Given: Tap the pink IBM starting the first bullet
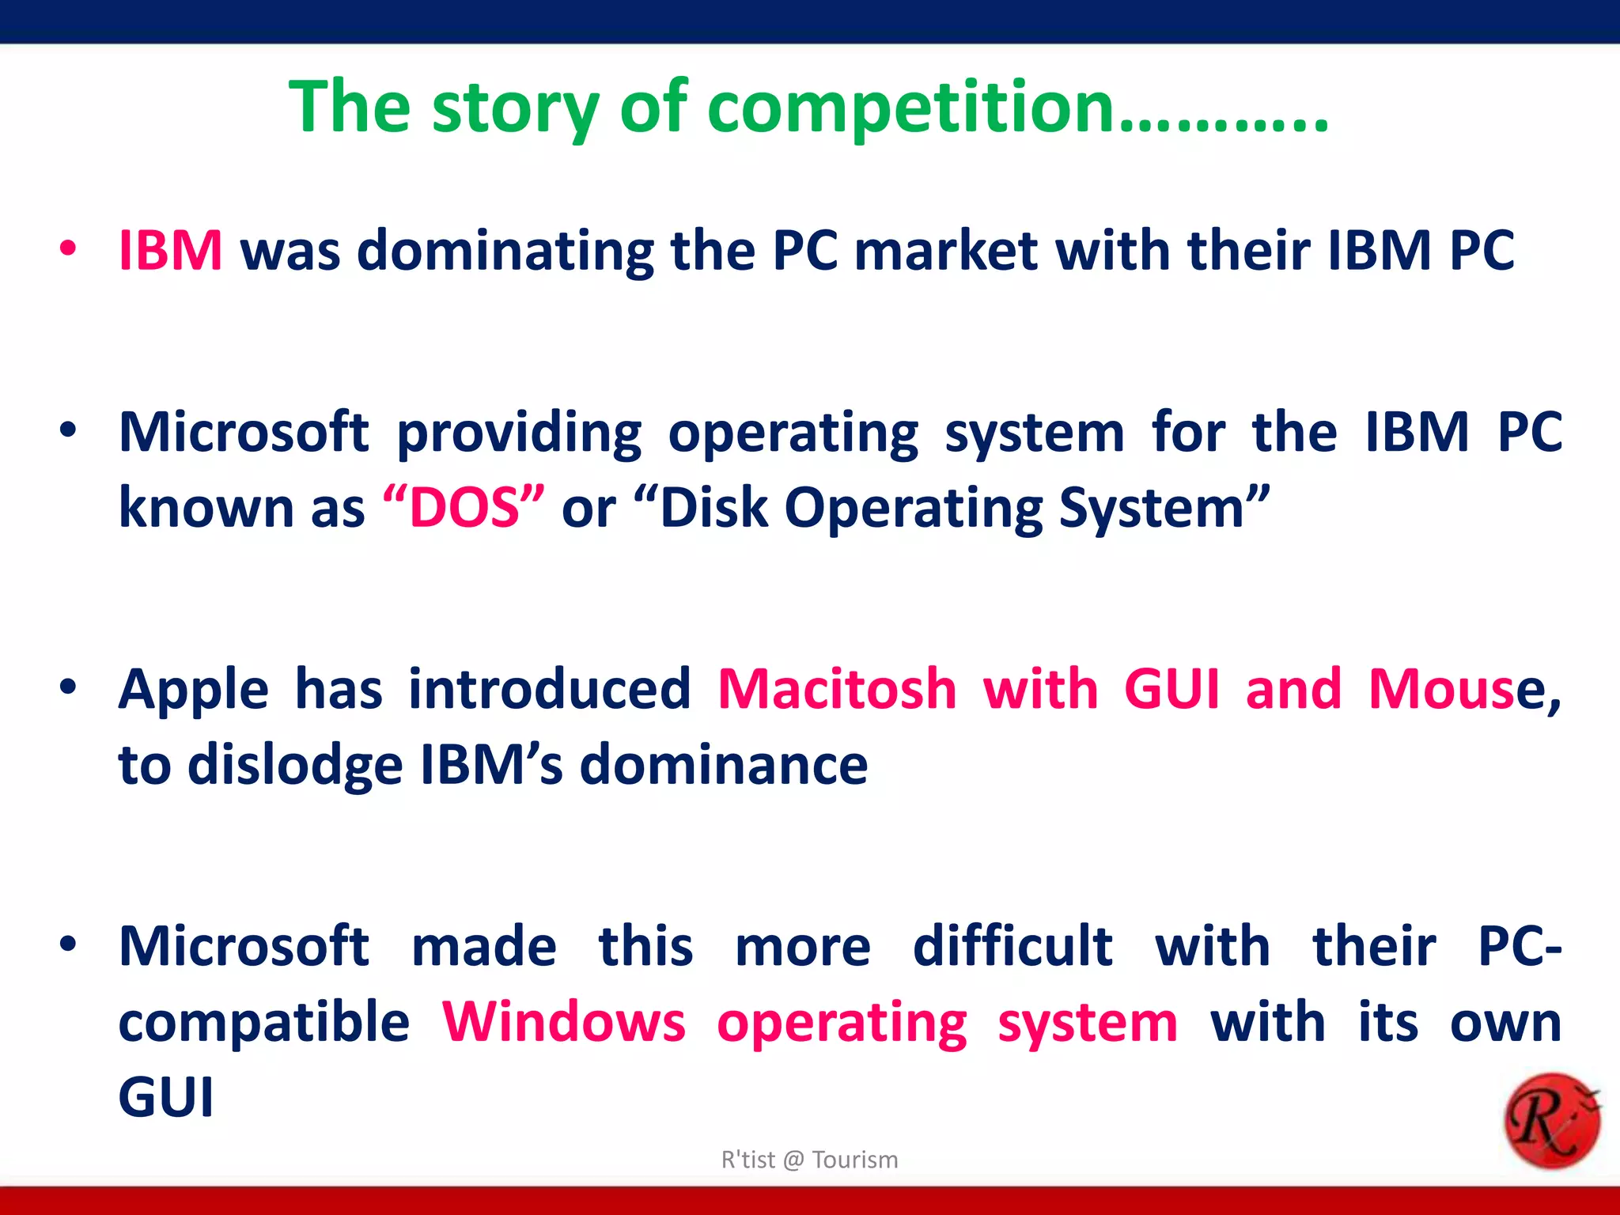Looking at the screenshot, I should tap(170, 251).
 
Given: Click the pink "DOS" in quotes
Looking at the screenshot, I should tap(464, 507).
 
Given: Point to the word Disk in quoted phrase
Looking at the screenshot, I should tap(713, 507).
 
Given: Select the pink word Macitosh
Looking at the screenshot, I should tap(837, 688).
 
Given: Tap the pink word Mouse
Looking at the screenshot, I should tap(1441, 688).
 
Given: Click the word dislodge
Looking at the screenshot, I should tap(295, 765).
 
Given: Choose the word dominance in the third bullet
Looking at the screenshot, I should tap(724, 765).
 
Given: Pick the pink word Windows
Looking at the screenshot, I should tap(563, 1021).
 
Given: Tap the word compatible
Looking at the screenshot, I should tap(263, 1023).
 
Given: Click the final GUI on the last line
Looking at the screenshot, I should tap(166, 1097).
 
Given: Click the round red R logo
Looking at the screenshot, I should tap(1551, 1120).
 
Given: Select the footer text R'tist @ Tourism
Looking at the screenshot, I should tap(809, 1160).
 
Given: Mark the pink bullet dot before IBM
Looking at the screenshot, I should tap(68, 249).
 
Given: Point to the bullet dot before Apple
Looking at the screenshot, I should tap(68, 687).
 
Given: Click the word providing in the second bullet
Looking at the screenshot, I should tap(519, 433).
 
